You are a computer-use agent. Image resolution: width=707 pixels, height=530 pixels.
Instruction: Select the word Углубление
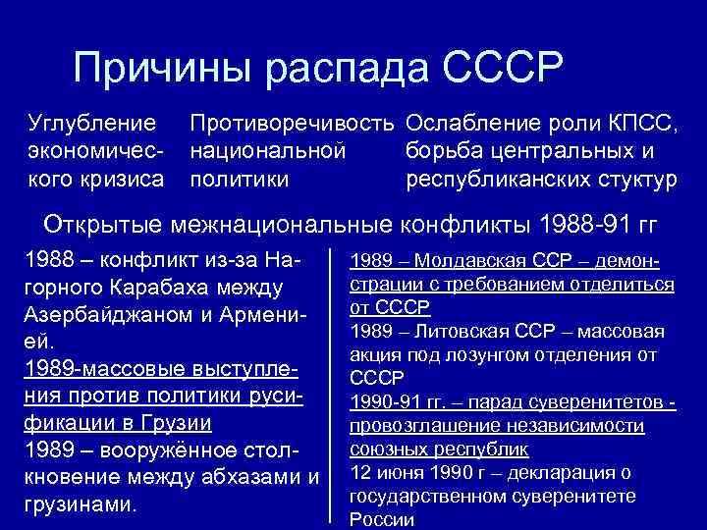pyautogui.click(x=92, y=124)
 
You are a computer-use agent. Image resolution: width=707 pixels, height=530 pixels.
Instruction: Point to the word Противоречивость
pyautogui.click(x=294, y=124)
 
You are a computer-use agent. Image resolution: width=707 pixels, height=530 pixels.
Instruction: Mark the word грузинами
pyautogui.click(x=76, y=505)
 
